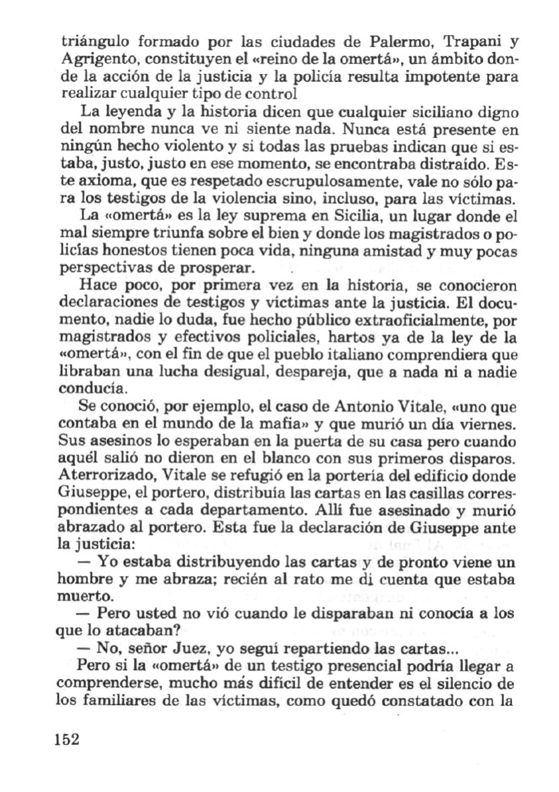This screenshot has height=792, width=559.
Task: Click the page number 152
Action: point(65,738)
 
